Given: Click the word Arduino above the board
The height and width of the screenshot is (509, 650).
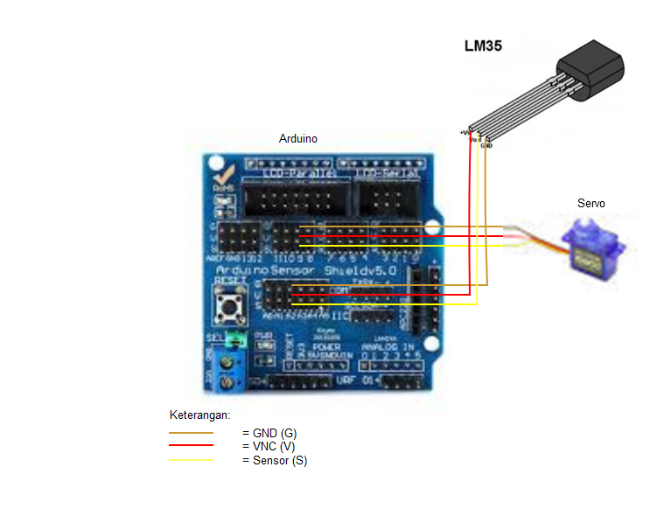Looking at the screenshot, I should coord(297,139).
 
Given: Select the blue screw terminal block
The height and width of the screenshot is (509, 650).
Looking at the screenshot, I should coord(231,371).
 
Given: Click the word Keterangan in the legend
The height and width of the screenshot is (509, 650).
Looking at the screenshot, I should coord(199,415).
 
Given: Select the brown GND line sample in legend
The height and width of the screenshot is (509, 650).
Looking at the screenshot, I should coord(191,433).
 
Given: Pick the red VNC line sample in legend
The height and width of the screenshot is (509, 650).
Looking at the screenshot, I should coord(191,447).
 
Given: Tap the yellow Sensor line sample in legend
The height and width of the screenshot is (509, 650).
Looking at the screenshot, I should coord(191,461).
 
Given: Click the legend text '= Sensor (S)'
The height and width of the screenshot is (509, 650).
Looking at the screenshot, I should coord(274,461).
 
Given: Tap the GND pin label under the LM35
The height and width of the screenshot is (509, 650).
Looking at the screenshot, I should coord(486,146).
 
